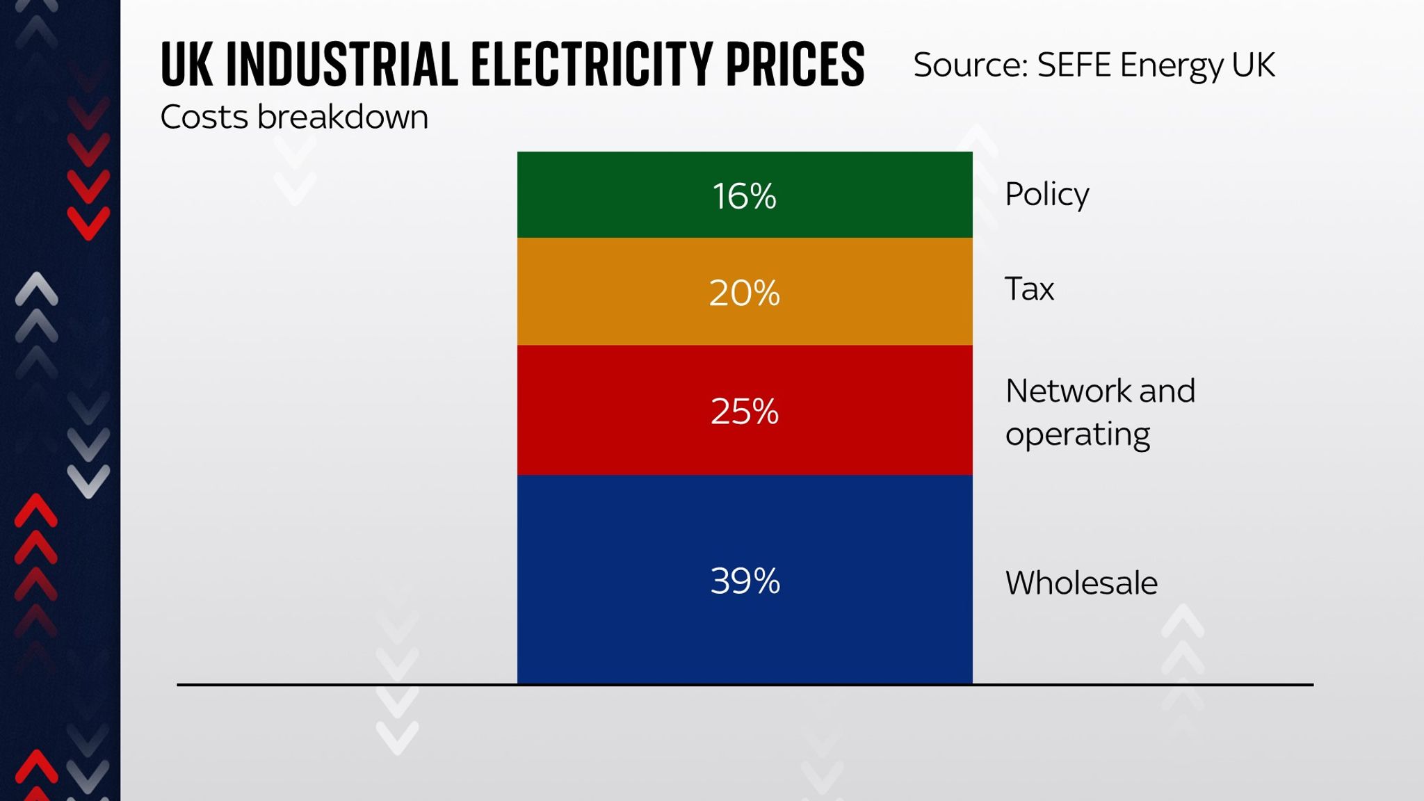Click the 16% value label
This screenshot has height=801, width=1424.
tap(744, 196)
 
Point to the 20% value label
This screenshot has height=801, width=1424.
tap(744, 293)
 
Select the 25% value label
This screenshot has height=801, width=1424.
tap(744, 411)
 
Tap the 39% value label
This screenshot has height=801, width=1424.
tap(745, 581)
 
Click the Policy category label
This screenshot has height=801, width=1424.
tap(1046, 194)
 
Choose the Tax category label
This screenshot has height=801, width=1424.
tap(1029, 289)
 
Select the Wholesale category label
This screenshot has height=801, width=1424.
tap(1081, 583)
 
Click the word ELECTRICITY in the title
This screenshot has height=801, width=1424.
tap(592, 65)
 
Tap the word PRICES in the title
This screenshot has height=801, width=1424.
tap(795, 65)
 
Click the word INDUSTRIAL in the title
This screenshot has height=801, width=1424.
tap(342, 65)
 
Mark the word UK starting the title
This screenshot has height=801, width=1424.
tap(185, 65)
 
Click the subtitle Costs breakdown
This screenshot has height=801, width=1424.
tap(294, 117)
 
